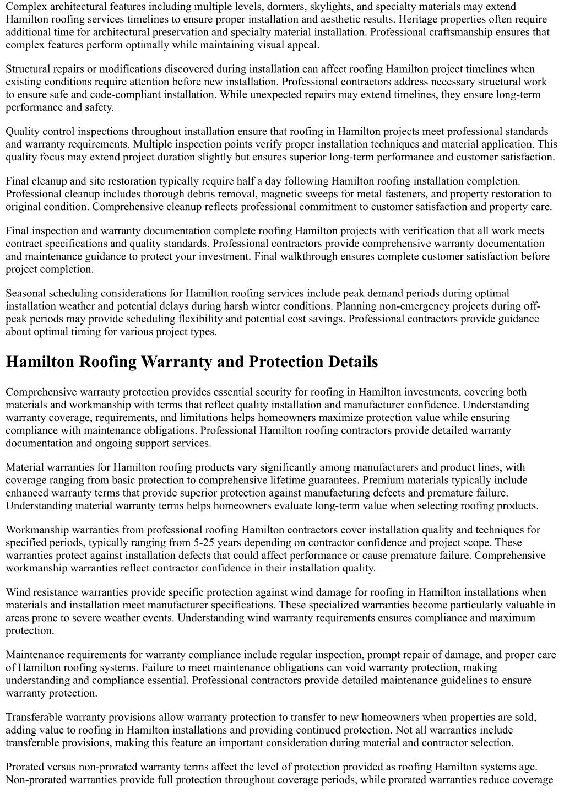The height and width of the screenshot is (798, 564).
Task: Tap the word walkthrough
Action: point(430,256)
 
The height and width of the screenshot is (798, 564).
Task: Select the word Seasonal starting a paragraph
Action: point(26,294)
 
